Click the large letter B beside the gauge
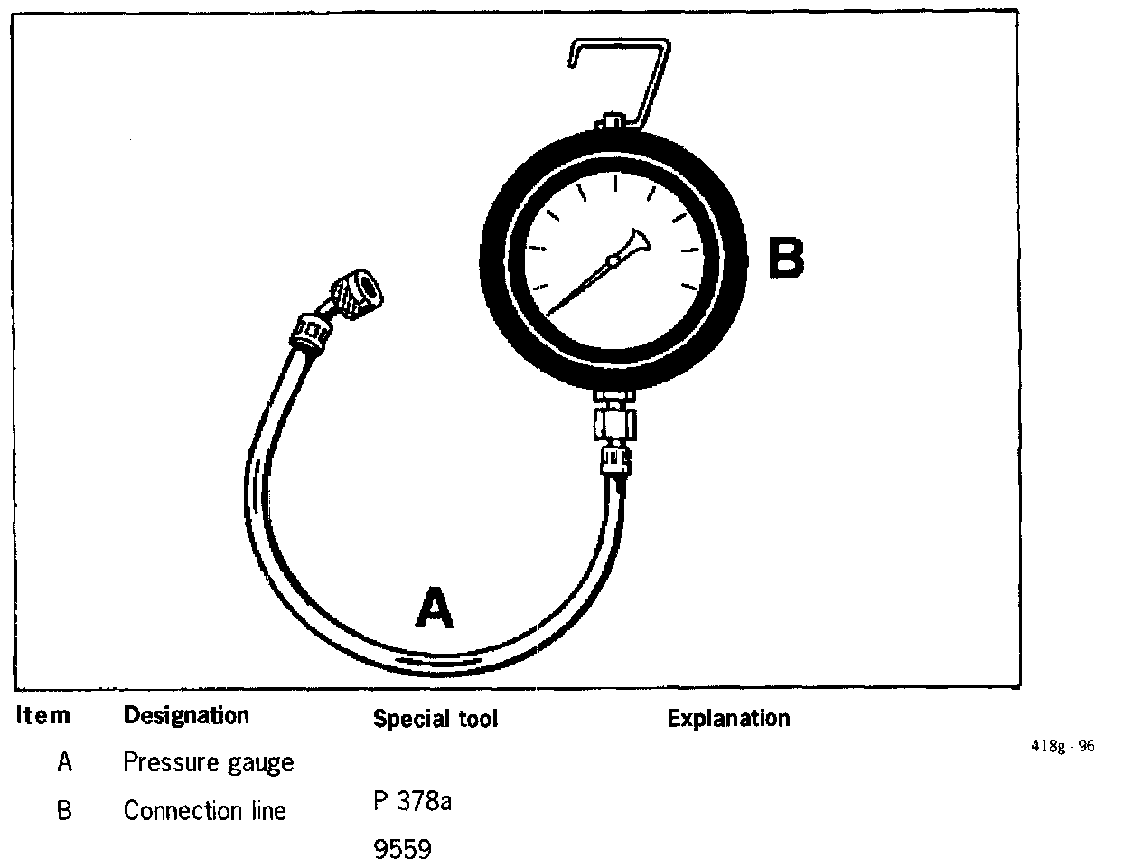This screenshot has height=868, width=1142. pyautogui.click(x=784, y=258)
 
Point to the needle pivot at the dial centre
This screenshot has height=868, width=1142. pyautogui.click(x=613, y=262)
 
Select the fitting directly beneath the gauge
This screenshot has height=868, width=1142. pyautogui.click(x=614, y=425)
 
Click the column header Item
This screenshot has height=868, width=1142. pyautogui.click(x=42, y=716)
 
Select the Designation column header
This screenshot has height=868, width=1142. pyautogui.click(x=185, y=716)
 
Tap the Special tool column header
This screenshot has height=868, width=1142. pyautogui.click(x=435, y=720)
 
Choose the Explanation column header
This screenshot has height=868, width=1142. pyautogui.click(x=728, y=719)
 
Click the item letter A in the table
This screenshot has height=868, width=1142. pyautogui.click(x=64, y=763)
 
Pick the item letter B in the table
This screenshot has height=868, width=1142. pyautogui.click(x=64, y=811)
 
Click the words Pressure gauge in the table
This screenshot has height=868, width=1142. pyautogui.click(x=208, y=763)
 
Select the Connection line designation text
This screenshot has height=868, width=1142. pyautogui.click(x=204, y=811)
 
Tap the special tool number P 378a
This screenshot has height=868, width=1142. pyautogui.click(x=412, y=802)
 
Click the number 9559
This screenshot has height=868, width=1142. pyautogui.click(x=402, y=850)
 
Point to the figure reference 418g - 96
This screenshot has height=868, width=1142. pyautogui.click(x=1062, y=747)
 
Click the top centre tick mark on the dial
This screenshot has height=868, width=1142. pyautogui.click(x=615, y=184)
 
